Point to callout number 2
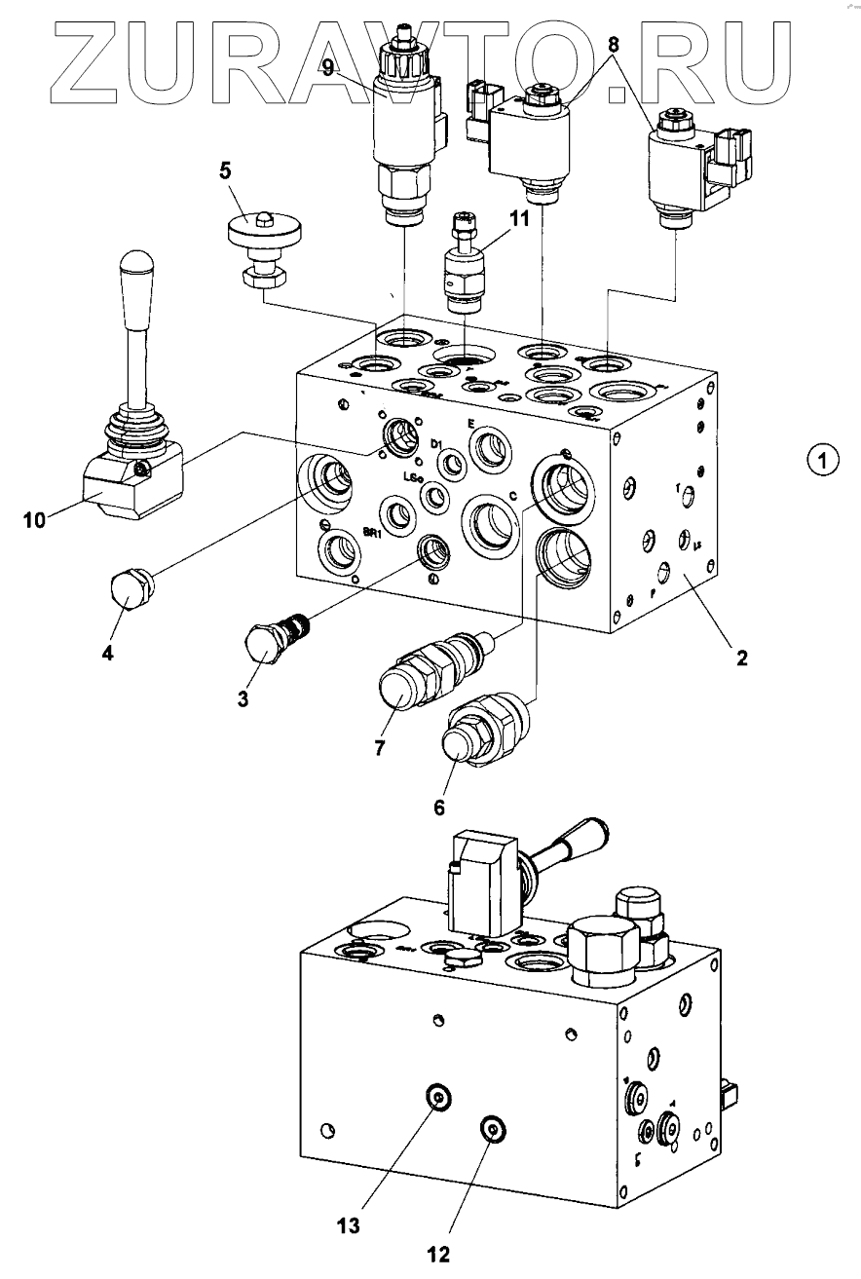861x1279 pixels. pyautogui.click(x=741, y=659)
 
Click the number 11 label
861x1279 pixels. pyautogui.click(x=519, y=219)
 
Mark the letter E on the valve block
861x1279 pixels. pyautogui.click(x=471, y=425)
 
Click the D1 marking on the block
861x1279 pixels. pyautogui.click(x=437, y=444)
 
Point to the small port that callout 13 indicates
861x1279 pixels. pyautogui.click(x=438, y=1099)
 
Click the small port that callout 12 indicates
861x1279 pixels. pyautogui.click(x=491, y=1129)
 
